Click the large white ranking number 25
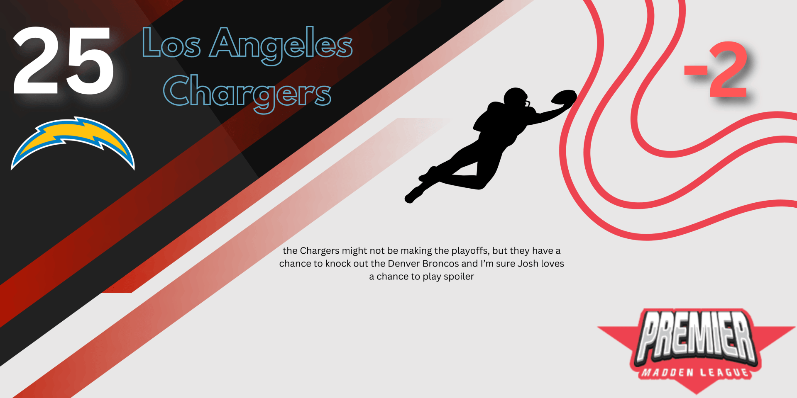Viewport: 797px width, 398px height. [64, 61]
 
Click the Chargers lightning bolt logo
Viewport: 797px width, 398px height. [73, 143]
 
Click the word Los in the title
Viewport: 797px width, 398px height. [171, 43]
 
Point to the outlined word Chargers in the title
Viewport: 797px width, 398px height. [247, 93]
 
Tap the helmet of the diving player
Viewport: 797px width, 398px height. [516, 99]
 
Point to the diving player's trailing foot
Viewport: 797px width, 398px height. [413, 195]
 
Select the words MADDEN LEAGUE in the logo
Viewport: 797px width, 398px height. [696, 372]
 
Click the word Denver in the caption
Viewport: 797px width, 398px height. [403, 264]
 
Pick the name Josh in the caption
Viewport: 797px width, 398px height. [528, 264]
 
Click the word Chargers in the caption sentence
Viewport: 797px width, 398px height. [320, 251]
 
